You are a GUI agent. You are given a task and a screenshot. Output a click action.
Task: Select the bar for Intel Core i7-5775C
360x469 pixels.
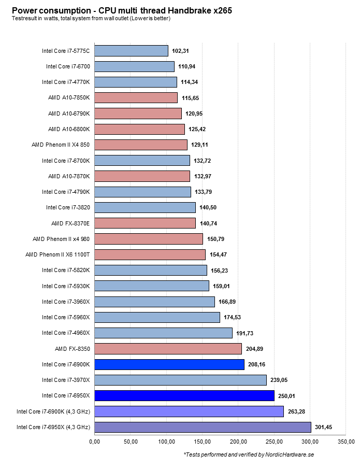pyautogui.click(x=132, y=51)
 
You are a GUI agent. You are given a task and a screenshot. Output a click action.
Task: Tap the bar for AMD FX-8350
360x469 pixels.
pyautogui.click(x=168, y=349)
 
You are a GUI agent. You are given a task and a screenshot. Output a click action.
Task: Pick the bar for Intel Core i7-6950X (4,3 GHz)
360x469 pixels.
pyautogui.click(x=203, y=427)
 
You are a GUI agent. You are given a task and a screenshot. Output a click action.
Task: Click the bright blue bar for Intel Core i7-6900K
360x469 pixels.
pyautogui.click(x=169, y=364)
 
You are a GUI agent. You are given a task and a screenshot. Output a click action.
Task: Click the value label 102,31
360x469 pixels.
pyautogui.click(x=182, y=51)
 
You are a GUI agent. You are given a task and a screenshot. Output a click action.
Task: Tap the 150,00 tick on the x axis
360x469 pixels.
pyautogui.click(x=203, y=442)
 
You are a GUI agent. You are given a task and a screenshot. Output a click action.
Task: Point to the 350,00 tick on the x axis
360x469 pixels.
pyautogui.click(x=346, y=442)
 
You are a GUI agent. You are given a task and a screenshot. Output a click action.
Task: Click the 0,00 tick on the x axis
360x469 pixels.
pyautogui.click(x=95, y=442)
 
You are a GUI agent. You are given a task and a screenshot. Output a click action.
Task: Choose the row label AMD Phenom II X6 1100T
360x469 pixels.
pyautogui.click(x=57, y=254)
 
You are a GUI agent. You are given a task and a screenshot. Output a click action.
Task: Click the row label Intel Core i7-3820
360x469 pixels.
pyautogui.click(x=68, y=207)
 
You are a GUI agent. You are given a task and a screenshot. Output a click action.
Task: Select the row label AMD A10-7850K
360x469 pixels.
pyautogui.click(x=69, y=97)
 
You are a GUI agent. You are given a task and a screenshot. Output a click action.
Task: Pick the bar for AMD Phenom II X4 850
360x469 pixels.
pyautogui.click(x=141, y=145)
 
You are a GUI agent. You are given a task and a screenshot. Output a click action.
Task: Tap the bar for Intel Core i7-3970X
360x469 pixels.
pyautogui.click(x=181, y=380)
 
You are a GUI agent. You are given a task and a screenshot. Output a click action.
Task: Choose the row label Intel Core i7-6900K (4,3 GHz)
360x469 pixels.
pyautogui.click(x=53, y=411)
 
